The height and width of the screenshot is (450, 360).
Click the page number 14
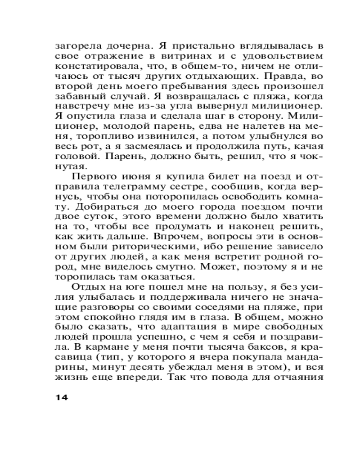tap(61, 397)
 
